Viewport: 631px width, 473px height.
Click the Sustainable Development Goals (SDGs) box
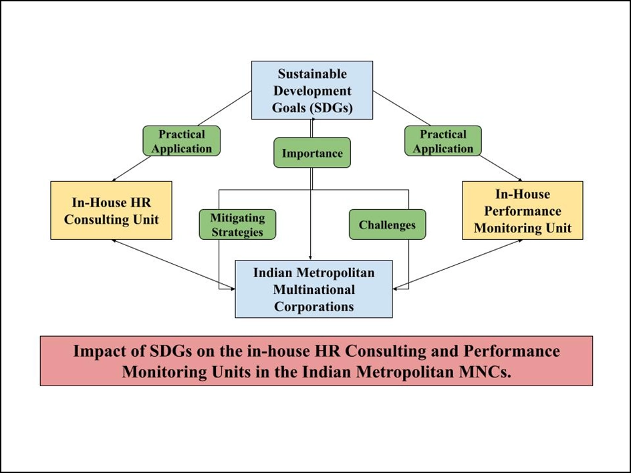tap(312, 90)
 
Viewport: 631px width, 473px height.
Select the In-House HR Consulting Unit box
tap(112, 210)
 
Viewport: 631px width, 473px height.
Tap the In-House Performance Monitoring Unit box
tap(523, 210)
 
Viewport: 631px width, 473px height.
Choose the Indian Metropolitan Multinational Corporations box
tap(313, 289)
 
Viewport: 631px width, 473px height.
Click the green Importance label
tap(312, 153)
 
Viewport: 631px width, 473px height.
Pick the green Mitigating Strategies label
tap(237, 224)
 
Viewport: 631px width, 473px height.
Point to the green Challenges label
tap(387, 224)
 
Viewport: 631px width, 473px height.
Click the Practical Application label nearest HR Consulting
tap(181, 142)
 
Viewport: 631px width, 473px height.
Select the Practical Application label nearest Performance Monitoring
tap(443, 142)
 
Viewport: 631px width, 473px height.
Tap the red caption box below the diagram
tap(316, 361)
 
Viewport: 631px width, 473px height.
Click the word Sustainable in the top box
tap(312, 73)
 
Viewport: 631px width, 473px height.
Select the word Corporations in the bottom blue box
tap(313, 307)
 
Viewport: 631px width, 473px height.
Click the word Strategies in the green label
tap(237, 232)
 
